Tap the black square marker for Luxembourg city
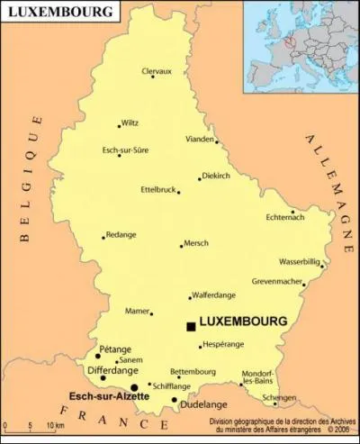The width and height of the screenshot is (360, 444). tap(191, 326)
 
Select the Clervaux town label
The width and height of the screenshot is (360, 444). tap(156, 71)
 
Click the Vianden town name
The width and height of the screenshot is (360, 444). tap(200, 140)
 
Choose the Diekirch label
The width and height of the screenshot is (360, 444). tap(220, 176)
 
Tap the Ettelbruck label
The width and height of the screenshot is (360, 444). tap(157, 189)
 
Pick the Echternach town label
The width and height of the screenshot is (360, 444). tap(286, 217)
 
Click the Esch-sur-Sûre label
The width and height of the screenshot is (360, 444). tap(125, 149)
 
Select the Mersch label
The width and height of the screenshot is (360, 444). tap(195, 243)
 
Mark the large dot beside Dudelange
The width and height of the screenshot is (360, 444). tap(175, 400)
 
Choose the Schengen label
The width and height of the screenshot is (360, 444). tap(278, 397)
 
